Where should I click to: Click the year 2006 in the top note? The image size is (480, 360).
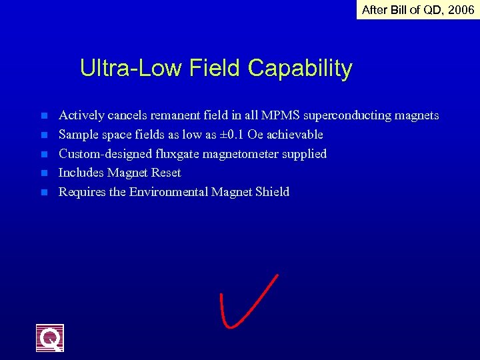click(461, 10)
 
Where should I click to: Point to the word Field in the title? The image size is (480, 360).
click(216, 68)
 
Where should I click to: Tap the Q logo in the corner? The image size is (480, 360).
click(50, 337)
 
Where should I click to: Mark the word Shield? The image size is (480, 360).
click(272, 192)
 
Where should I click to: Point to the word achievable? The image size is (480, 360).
click(294, 135)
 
